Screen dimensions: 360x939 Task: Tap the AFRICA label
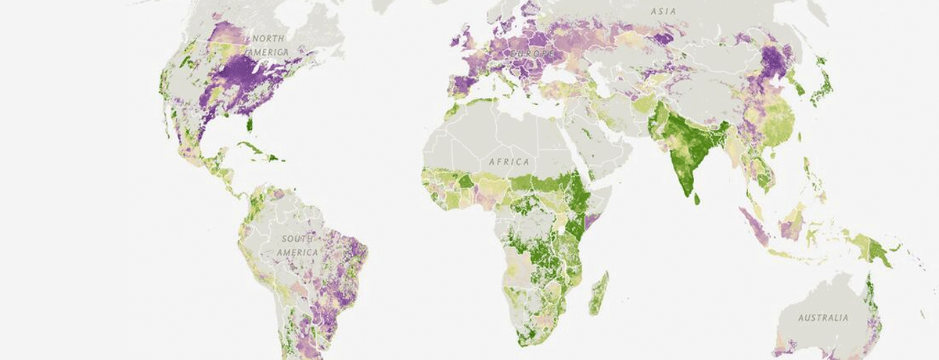[509, 162]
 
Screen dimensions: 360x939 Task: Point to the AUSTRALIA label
[822, 318]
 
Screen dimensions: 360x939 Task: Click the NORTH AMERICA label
[268, 45]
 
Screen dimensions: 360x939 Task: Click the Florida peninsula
[250, 124]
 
